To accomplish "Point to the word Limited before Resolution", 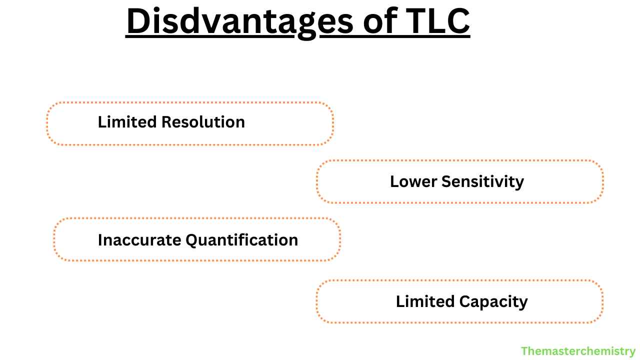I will pos(125,122).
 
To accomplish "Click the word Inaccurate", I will pos(139,240).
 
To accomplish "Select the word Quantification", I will pos(242,240).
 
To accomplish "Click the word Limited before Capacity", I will pos(424,301).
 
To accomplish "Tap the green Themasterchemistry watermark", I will pos(578,351).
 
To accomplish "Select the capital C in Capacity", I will pos(464,301).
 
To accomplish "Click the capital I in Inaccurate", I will pos(100,240).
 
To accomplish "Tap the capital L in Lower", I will pos(393,181).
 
